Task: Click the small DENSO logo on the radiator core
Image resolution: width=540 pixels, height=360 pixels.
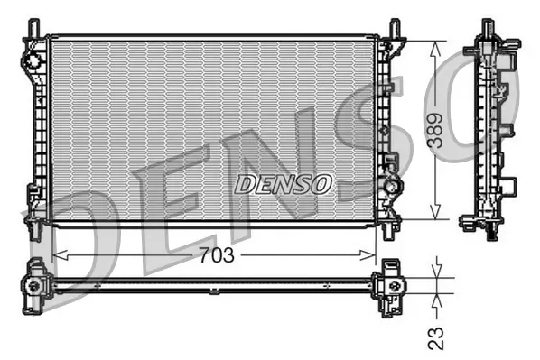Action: tap(284, 184)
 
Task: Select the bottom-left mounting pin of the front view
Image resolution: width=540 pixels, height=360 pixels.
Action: tap(34, 230)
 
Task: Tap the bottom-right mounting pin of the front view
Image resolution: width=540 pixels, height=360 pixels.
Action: tap(389, 230)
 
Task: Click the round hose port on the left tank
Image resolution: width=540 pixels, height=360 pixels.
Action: tap(33, 61)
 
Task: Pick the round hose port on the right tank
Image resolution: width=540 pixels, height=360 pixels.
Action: tap(394, 186)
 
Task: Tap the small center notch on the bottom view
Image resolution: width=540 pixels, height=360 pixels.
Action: tap(213, 290)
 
